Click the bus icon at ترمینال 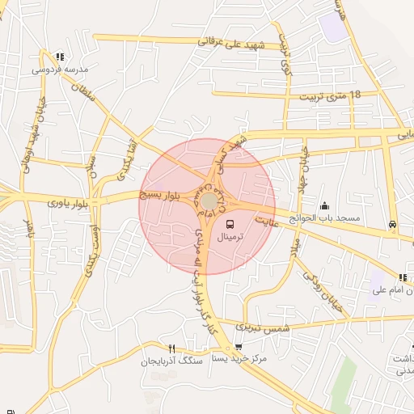[230, 224]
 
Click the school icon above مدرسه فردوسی [60, 57]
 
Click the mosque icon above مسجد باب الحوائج [325, 206]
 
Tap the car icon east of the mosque [392, 224]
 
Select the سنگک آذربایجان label [171, 361]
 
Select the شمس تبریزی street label [262, 327]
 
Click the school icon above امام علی [403, 277]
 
